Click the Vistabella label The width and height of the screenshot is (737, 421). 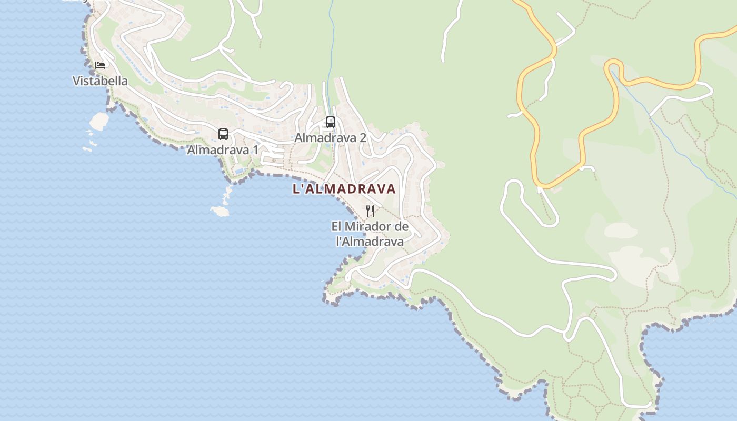(100, 81)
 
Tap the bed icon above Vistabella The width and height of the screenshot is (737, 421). (100, 65)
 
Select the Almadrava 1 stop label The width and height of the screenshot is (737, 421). (223, 150)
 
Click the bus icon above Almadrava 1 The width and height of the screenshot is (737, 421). (223, 134)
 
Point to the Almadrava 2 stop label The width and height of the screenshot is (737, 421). (330, 138)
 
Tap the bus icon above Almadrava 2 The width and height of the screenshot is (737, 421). (331, 122)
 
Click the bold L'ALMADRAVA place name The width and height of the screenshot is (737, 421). (344, 189)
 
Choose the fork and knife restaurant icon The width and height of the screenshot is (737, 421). (370, 211)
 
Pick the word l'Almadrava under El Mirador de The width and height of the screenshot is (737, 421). (370, 242)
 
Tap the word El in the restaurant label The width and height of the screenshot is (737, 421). (336, 227)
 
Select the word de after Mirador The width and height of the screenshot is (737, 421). (402, 227)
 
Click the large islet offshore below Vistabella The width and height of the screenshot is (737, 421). (99, 121)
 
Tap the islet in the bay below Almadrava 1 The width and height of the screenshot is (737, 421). (220, 211)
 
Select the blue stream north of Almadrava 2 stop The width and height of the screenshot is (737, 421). (331, 32)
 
